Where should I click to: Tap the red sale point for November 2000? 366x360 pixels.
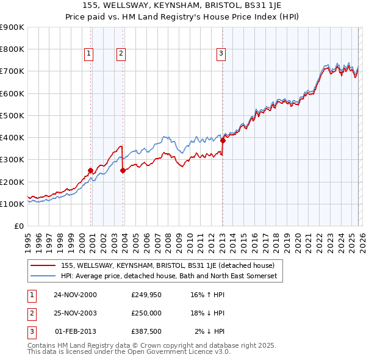coord(91,170)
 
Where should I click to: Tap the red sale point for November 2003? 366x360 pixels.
coord(123,170)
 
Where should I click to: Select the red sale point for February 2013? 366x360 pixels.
coord(223,140)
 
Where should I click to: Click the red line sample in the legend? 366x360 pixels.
coord(43,265)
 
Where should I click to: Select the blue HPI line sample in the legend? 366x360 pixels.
coord(43,276)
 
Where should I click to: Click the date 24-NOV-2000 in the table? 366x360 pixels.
coord(75,295)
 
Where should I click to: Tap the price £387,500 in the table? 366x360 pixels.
coord(146,331)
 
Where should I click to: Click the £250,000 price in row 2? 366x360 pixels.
coord(146,313)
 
